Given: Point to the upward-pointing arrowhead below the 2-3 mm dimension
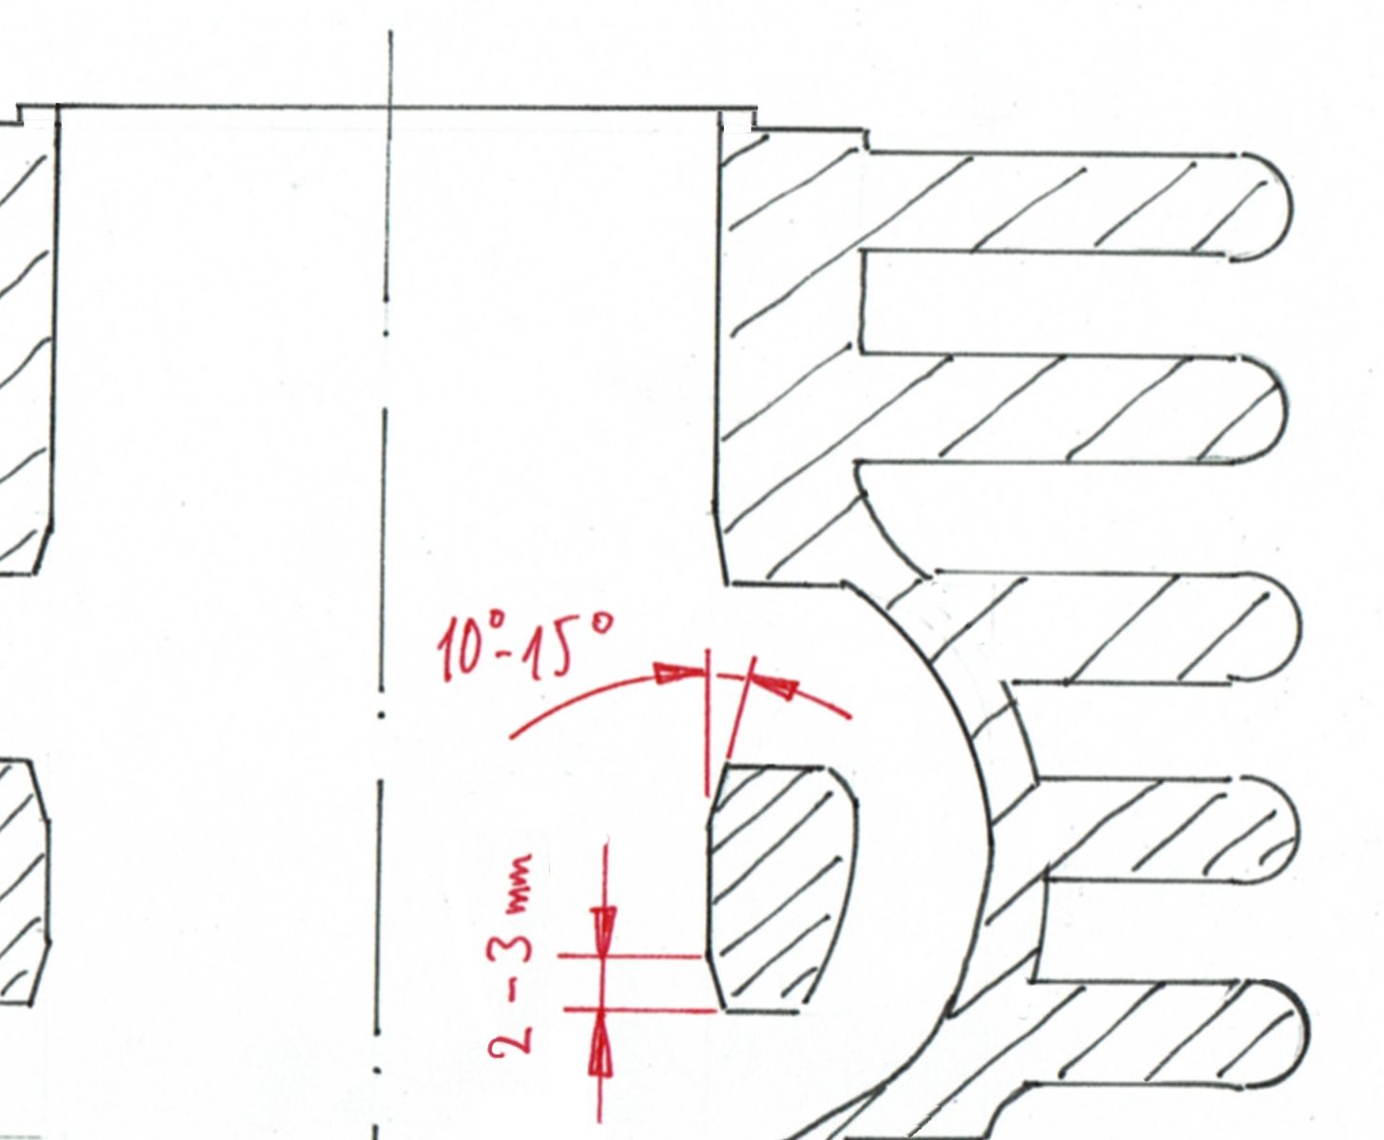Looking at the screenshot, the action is [x=600, y=1050].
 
